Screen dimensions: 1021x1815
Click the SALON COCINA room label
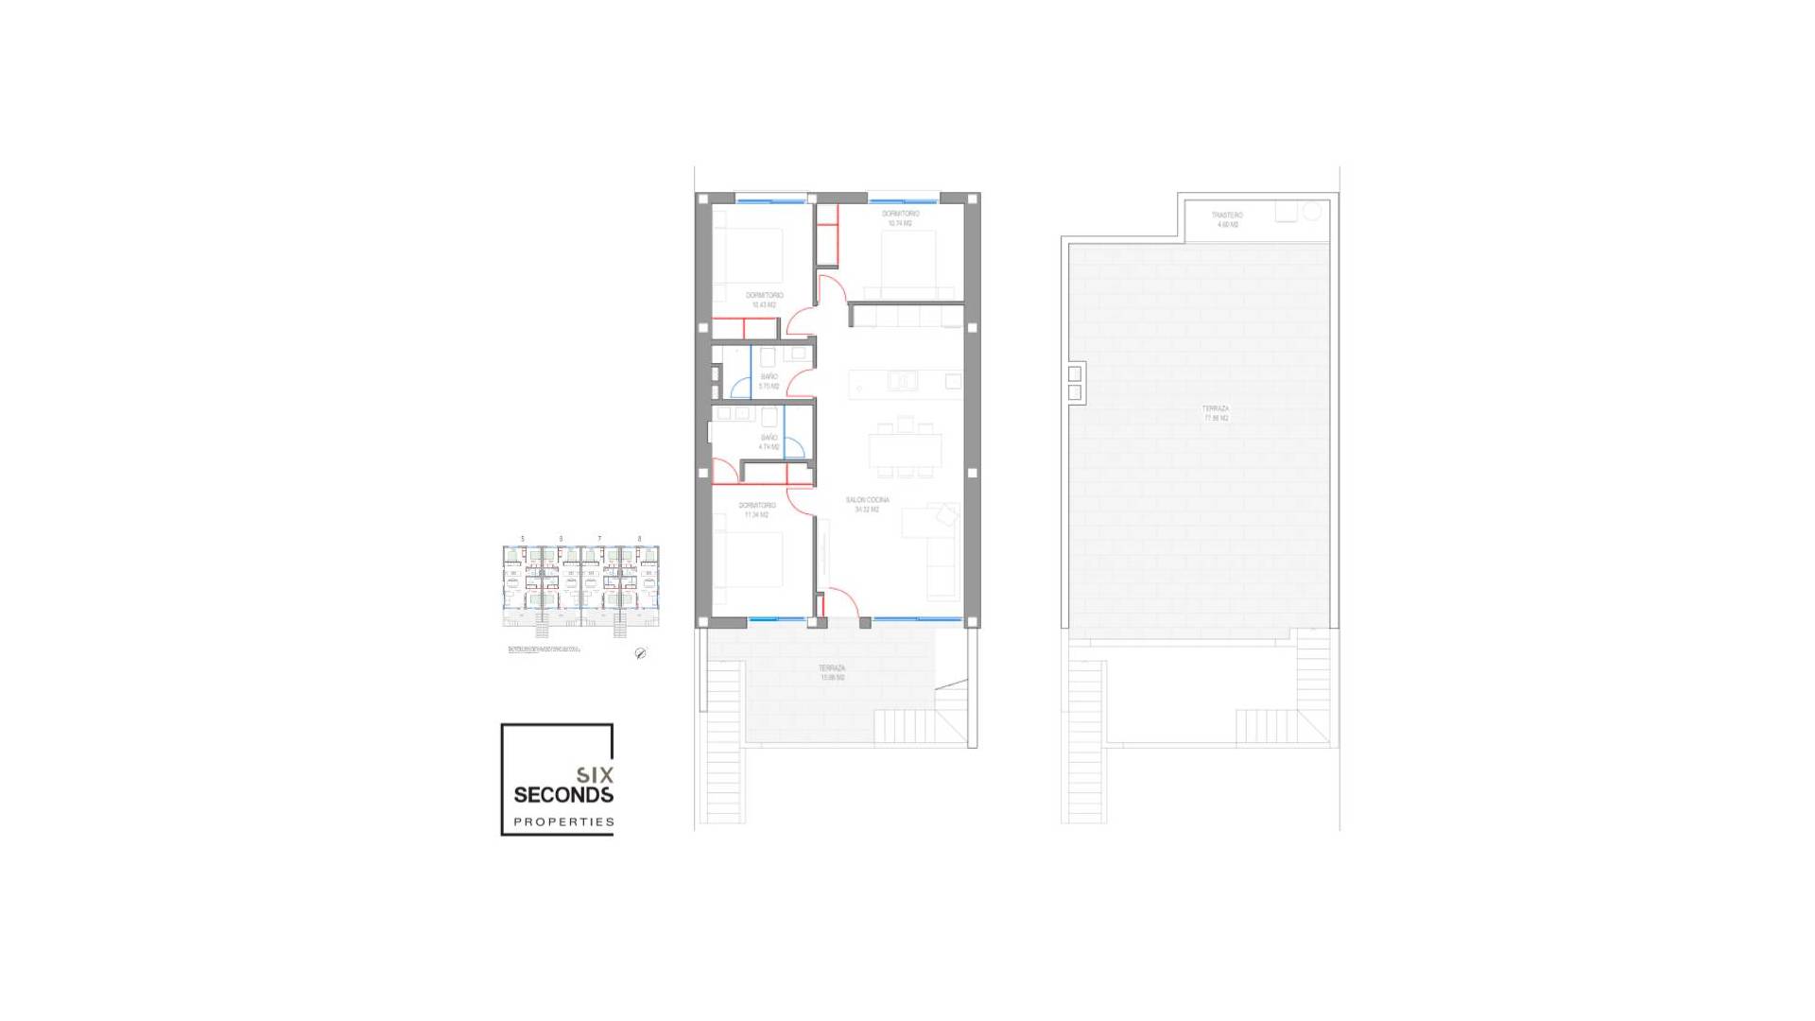867,504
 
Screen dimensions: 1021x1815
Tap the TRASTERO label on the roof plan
1227,219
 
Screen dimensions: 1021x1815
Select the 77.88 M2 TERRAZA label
1216,413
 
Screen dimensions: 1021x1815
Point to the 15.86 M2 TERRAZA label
832,672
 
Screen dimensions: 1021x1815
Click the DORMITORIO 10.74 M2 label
900,218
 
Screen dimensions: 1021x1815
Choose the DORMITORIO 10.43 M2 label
764,300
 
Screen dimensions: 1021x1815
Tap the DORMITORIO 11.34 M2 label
756,510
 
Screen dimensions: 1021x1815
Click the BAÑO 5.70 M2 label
769,381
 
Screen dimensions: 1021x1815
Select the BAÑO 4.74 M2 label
769,441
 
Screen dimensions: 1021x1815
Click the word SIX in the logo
595,775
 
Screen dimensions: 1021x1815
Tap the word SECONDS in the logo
563,795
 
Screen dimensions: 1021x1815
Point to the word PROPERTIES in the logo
563,822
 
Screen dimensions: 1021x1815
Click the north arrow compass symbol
640,653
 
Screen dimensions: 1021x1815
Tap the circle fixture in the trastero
1311,212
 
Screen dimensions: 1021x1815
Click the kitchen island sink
902,381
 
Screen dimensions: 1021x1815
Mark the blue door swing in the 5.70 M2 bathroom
739,388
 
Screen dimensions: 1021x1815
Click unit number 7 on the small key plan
599,539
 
